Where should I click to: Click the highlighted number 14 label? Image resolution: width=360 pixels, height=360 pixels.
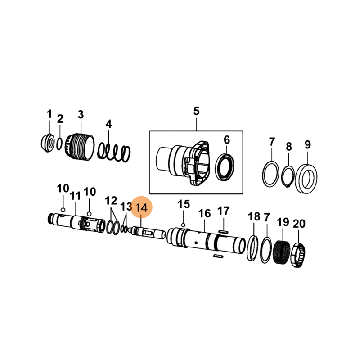tap(141, 208)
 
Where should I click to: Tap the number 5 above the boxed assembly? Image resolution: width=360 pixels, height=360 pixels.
tap(196, 111)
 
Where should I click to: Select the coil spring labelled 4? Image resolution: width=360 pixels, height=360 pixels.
tap(114, 152)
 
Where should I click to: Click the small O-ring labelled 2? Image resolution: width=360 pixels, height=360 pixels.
tap(59, 144)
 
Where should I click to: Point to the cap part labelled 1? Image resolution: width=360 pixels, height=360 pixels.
tap(48, 143)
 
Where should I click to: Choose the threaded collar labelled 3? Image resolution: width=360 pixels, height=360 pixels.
tap(80, 147)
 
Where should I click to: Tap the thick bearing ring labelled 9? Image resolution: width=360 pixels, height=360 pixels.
tap(306, 179)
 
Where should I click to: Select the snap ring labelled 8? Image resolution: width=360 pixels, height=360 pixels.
tap(288, 176)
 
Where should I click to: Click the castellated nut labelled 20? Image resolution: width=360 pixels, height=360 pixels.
tap(299, 255)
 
